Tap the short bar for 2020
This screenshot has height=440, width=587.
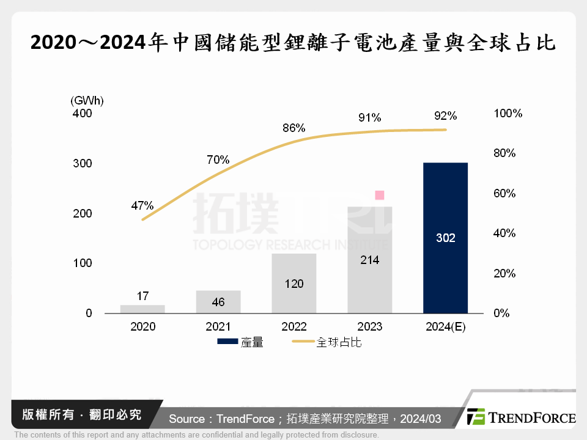[x=142, y=309]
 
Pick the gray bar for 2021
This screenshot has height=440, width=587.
[x=218, y=302]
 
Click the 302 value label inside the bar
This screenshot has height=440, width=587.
[x=445, y=238]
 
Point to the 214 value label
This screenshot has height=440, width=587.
[x=369, y=260]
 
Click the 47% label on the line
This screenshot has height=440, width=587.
[x=142, y=205]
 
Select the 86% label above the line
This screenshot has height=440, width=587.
[x=293, y=128]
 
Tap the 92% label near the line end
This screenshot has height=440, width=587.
[x=445, y=116]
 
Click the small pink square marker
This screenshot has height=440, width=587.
[x=379, y=195]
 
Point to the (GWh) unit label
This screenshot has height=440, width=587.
[x=87, y=100]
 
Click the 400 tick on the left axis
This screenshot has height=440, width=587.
[x=82, y=114]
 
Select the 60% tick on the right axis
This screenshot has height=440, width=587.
[x=504, y=194]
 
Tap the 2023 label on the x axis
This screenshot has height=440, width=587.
[x=369, y=327]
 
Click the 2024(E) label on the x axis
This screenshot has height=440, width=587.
[x=445, y=327]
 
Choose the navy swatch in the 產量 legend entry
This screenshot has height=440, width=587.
[x=229, y=343]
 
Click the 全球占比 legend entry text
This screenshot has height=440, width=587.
[x=339, y=343]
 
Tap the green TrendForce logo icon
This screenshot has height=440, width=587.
[x=476, y=417]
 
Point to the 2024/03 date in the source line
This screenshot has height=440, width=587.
[x=420, y=419]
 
